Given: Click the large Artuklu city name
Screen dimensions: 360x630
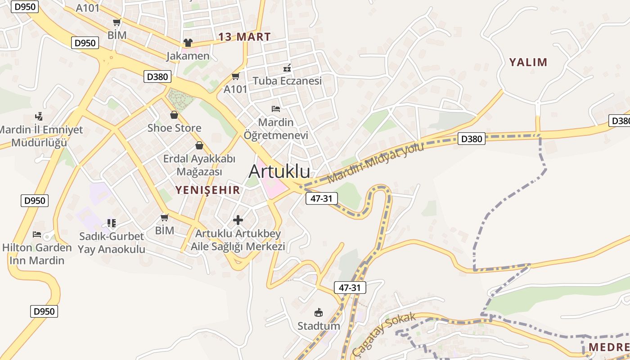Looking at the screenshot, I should (279, 171).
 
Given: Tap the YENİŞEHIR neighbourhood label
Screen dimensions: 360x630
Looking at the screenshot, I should (208, 190).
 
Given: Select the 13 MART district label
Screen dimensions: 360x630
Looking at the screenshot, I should (244, 37).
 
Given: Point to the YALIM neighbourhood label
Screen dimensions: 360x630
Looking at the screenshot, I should (528, 62).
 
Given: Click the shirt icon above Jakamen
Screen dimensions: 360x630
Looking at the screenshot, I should (188, 43).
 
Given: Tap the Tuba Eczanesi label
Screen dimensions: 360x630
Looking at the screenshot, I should (287, 81).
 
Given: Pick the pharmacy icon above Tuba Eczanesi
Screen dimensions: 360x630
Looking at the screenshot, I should (287, 68).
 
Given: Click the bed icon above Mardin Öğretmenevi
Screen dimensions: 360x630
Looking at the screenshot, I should (276, 109).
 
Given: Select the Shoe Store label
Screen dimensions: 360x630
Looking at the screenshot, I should (175, 128).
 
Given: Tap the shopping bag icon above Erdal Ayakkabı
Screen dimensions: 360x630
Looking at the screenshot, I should (199, 145).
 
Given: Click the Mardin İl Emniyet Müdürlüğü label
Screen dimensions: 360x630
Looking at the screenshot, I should (41, 136).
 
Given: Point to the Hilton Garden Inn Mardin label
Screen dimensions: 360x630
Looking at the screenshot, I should (37, 254).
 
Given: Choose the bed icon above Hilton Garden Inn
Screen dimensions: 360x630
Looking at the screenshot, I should (37, 234).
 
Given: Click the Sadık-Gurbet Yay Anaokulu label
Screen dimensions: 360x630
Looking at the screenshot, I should (112, 243).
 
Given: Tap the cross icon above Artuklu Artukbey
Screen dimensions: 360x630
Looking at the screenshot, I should (238, 220).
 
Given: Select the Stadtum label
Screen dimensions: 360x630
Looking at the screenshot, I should (319, 325).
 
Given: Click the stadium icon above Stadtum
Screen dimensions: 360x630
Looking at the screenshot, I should (319, 312).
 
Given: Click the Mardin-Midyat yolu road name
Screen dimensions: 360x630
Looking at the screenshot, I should (376, 163).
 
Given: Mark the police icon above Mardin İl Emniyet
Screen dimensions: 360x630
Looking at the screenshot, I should (39, 117).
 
